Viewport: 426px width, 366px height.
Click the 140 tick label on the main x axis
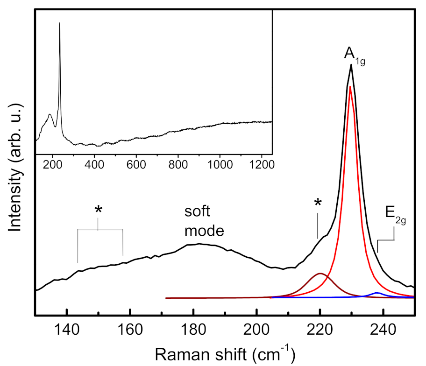[x=67, y=326]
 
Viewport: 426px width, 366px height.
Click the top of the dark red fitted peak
[x=320, y=274]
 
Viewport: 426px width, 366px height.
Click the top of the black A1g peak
[x=351, y=65]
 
